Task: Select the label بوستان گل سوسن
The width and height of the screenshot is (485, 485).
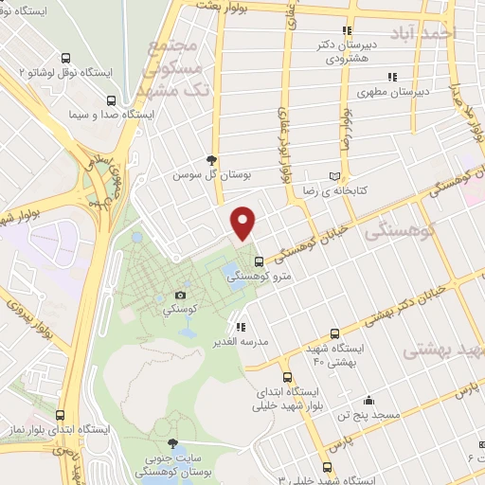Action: pyautogui.click(x=206, y=175)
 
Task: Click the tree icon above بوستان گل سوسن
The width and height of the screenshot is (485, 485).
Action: pyautogui.click(x=211, y=160)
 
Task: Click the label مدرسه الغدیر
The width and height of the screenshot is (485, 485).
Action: pyautogui.click(x=269, y=340)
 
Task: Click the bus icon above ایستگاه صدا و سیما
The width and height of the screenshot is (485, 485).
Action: pyautogui.click(x=112, y=99)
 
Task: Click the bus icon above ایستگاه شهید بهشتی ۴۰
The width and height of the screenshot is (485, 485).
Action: pyautogui.click(x=333, y=333)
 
